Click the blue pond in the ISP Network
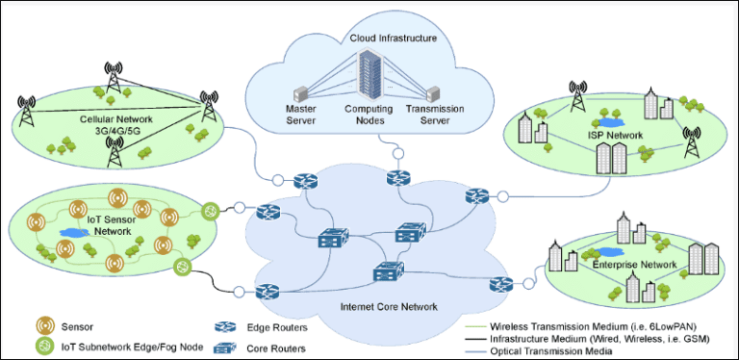(x=608, y=123)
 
